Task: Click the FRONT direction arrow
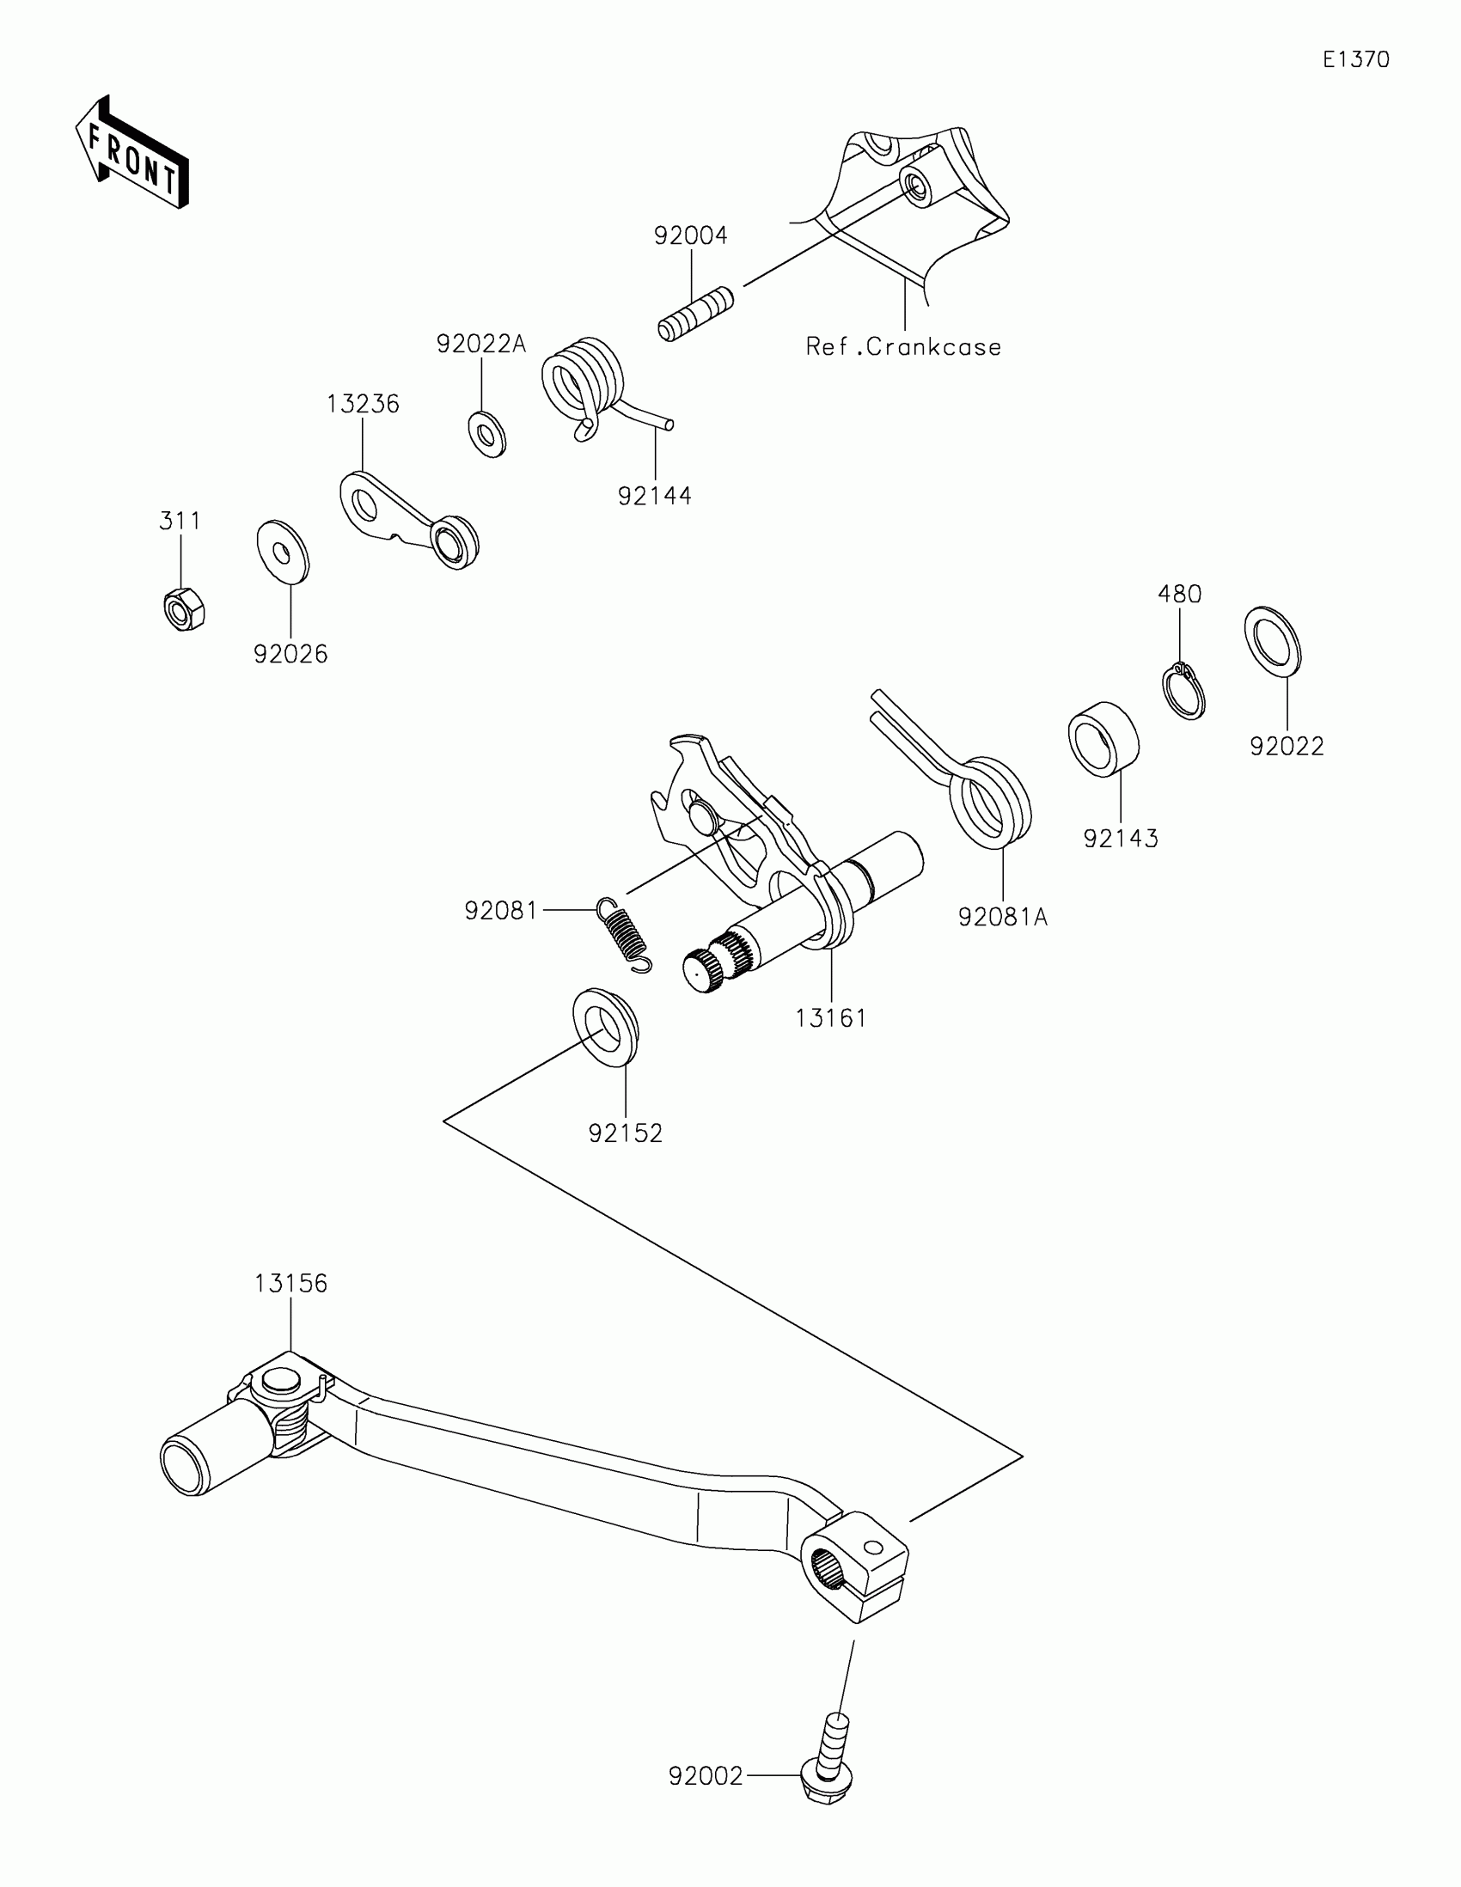[131, 152]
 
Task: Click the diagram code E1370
[1355, 59]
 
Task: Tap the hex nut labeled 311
[183, 609]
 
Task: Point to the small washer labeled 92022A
[487, 435]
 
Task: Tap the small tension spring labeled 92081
[624, 933]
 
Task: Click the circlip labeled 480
[1182, 690]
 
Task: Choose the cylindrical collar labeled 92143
[1103, 739]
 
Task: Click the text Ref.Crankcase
[903, 347]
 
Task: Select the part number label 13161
[830, 1017]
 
